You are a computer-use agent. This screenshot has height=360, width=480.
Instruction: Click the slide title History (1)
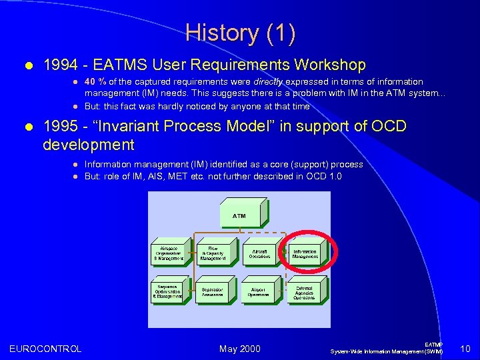click(x=240, y=33)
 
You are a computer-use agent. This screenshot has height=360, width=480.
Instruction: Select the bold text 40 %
click(x=95, y=81)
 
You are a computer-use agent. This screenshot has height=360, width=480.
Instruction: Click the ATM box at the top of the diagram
click(x=239, y=216)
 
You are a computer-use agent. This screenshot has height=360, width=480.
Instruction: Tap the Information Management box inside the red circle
click(x=305, y=254)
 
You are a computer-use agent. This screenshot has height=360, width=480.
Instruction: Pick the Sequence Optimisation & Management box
click(x=169, y=291)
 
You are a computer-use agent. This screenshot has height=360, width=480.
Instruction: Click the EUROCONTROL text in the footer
click(x=45, y=349)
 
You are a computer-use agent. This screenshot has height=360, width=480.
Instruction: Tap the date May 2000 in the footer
click(x=239, y=349)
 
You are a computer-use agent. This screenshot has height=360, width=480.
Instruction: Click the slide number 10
click(x=465, y=349)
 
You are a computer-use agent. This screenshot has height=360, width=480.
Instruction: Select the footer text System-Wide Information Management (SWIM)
click(x=387, y=351)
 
